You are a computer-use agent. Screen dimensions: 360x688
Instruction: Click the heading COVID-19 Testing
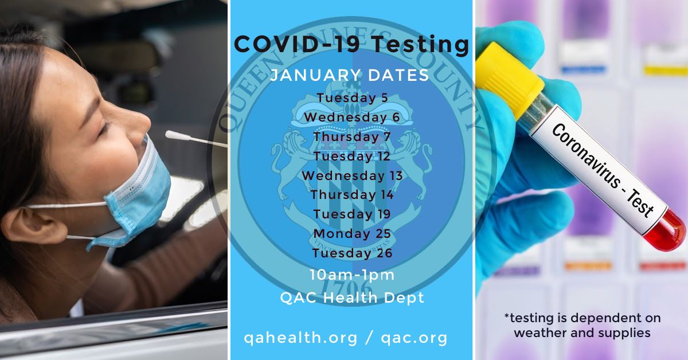point(351,44)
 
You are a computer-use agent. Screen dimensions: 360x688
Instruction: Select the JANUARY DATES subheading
point(350,75)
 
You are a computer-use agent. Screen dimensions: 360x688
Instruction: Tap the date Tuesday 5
point(352,97)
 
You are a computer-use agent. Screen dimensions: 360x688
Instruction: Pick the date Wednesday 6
point(351,117)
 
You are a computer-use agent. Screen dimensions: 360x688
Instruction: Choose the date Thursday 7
point(352,136)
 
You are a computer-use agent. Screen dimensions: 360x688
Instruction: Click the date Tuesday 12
point(352,156)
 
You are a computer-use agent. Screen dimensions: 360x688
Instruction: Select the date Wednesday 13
point(352,175)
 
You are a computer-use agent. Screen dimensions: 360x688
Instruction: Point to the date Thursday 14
point(352,195)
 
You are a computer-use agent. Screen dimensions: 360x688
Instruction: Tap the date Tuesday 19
point(352,214)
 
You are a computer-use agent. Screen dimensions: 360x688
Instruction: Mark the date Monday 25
point(352,233)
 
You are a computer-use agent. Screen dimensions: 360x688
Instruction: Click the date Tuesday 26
point(352,253)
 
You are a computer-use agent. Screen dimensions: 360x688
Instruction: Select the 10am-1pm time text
point(352,275)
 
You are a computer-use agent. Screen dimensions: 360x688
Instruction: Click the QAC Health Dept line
point(352,298)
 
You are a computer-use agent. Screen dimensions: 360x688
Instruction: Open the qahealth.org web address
point(300,338)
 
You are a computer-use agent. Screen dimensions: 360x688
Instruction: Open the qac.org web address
point(414,338)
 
